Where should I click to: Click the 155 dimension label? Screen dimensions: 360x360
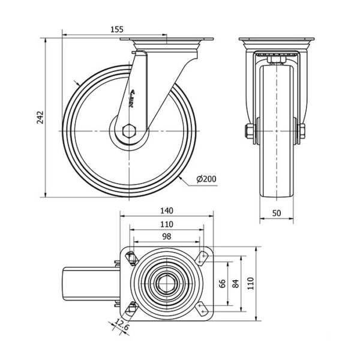tap(117, 28)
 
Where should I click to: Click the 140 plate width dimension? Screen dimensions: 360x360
tap(167, 211)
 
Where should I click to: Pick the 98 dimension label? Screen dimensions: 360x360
tap(167, 236)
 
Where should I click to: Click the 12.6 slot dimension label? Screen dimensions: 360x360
tap(124, 328)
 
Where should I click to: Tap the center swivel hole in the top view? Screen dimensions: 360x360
tap(166, 283)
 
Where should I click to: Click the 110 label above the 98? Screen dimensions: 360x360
tap(167, 224)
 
